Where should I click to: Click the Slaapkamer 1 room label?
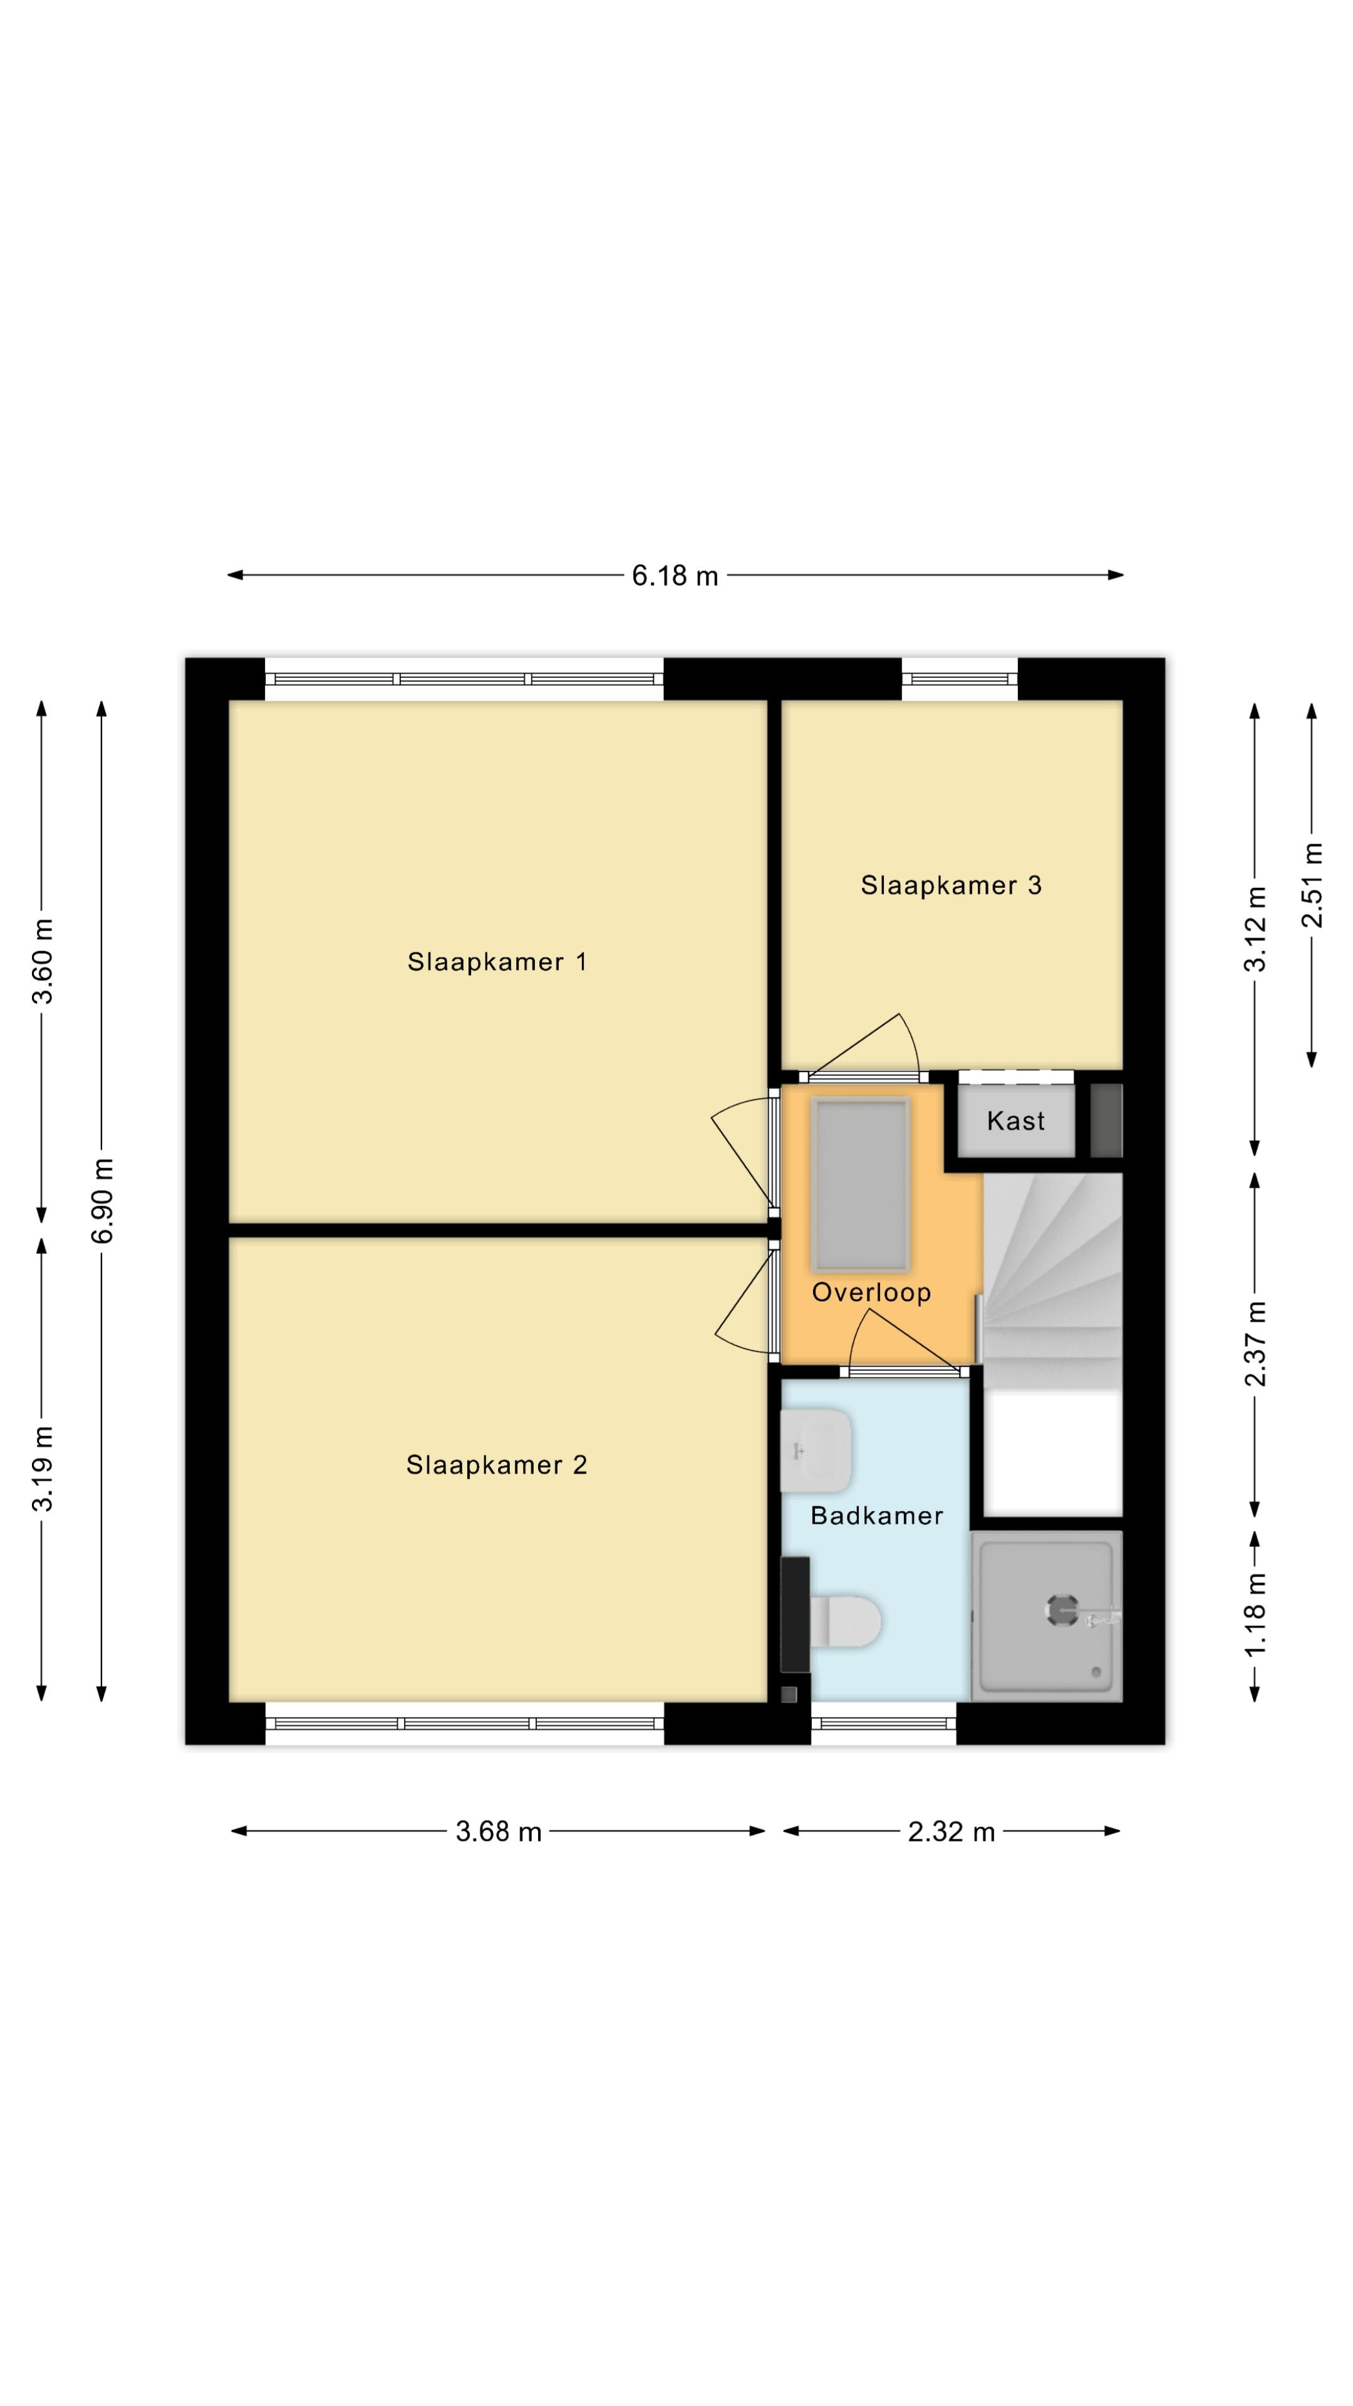pyautogui.click(x=497, y=962)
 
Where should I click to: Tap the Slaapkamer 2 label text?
pyautogui.click(x=497, y=1464)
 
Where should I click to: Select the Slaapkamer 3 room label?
pyautogui.click(x=951, y=885)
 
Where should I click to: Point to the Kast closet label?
pyautogui.click(x=1016, y=1121)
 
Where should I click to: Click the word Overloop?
pyautogui.click(x=871, y=1293)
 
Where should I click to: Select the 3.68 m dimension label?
pyautogui.click(x=499, y=1831)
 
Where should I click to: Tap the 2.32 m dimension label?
pyautogui.click(x=951, y=1831)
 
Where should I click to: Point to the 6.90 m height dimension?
pyautogui.click(x=103, y=1201)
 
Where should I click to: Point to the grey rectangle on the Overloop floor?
pyautogui.click(x=861, y=1184)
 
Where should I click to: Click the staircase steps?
pyautogui.click(x=1053, y=1281)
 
